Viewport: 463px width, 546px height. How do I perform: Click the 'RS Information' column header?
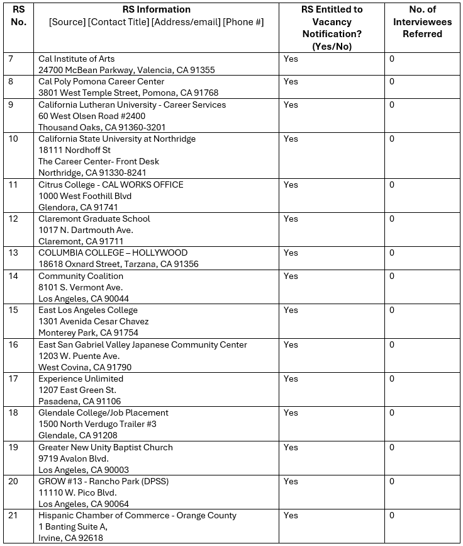156,9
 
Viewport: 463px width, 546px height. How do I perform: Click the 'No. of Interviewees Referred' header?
422,21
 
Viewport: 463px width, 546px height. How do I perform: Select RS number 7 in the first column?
10,59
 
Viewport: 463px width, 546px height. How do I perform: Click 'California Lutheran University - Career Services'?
132,105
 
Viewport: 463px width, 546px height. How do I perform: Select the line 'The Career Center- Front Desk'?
98,161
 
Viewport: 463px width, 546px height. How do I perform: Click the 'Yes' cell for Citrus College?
291,185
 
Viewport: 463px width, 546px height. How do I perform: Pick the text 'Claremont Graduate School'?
94,219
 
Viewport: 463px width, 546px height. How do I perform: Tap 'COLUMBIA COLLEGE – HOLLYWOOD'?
113,253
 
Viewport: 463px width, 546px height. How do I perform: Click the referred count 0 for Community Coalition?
392,276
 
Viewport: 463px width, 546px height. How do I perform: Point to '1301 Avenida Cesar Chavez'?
93,321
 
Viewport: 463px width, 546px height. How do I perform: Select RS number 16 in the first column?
13,344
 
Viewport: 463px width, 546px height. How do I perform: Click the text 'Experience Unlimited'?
81,378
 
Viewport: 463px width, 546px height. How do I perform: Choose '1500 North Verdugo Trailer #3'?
98,424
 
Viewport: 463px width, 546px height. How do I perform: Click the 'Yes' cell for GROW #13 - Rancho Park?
291,481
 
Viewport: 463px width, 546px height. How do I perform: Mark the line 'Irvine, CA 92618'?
70,538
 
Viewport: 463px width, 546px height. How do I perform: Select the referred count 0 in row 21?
392,515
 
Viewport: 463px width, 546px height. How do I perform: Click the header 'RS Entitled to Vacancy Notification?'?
332,28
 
